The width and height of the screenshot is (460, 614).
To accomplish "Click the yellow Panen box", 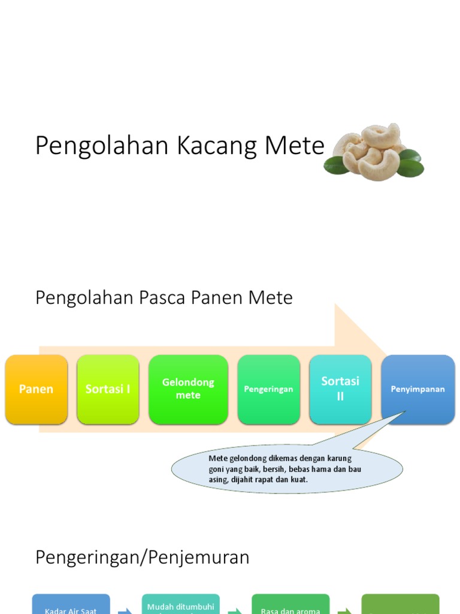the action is coord(36,389).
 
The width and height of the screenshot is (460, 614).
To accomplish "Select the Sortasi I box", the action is coord(108,389).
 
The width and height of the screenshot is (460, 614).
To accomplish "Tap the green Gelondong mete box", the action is coord(188,389).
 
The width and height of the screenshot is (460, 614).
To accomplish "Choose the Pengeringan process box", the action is coord(268,389).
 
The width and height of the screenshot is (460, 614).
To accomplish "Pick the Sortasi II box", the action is coord(340,389).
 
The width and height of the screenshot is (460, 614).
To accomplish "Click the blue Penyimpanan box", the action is coord(418,389).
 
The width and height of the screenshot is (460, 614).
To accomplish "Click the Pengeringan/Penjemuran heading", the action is coord(142,558).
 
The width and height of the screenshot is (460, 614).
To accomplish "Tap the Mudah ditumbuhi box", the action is coord(181,607).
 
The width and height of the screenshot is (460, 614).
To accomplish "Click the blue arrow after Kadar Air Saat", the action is coord(126,612).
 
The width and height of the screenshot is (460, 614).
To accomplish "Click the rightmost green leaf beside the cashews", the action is coord(411,168).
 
